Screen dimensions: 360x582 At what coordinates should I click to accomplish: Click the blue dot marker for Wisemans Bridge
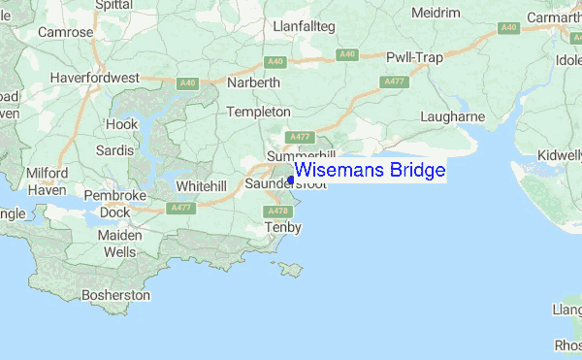click(291, 180)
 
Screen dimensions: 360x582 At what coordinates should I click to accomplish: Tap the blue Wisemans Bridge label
click(370, 171)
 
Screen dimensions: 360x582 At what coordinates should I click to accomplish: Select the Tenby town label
click(284, 228)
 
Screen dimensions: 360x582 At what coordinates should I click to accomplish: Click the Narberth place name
click(253, 83)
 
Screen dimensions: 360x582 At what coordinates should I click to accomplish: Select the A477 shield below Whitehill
click(180, 208)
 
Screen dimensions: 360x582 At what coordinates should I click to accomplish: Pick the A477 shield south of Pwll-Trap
click(394, 82)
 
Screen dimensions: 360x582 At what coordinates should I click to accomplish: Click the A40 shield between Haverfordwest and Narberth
click(188, 83)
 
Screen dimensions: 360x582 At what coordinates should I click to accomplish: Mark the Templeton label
click(258, 113)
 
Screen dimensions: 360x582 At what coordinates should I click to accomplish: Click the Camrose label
click(65, 32)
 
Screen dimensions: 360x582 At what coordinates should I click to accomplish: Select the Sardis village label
click(114, 150)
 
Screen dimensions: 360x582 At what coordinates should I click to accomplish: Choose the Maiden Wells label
click(120, 244)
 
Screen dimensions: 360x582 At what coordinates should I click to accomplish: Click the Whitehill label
click(201, 184)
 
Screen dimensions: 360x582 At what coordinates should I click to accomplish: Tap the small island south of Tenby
click(288, 268)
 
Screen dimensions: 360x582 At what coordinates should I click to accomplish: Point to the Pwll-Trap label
click(414, 58)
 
